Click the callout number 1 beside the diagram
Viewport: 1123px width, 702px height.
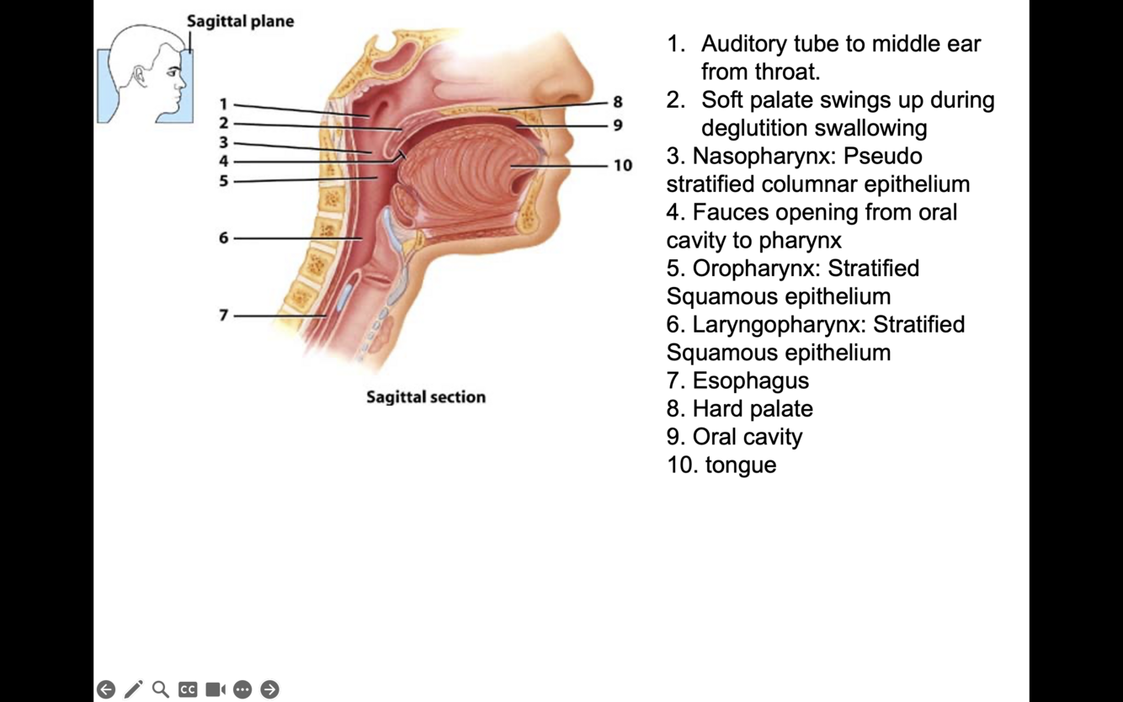(x=223, y=104)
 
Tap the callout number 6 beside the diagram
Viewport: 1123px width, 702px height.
(x=223, y=238)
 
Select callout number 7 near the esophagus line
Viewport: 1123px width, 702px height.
(x=223, y=316)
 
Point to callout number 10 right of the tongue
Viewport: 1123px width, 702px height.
(x=622, y=166)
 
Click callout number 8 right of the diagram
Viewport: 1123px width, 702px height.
(x=617, y=103)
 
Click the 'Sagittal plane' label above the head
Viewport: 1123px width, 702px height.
(x=240, y=21)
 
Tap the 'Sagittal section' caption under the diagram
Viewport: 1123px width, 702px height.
(x=426, y=397)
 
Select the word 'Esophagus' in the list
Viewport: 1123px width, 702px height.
(x=750, y=380)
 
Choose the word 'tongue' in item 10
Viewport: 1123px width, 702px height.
(x=741, y=465)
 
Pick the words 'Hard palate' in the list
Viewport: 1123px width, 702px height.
(x=753, y=409)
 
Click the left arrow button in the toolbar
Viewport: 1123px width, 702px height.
(x=106, y=689)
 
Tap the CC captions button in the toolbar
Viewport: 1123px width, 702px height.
(x=188, y=689)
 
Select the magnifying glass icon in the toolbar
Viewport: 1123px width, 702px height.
(x=161, y=689)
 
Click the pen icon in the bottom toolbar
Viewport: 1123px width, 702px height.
(x=133, y=689)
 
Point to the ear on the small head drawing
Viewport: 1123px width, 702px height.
(x=140, y=77)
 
